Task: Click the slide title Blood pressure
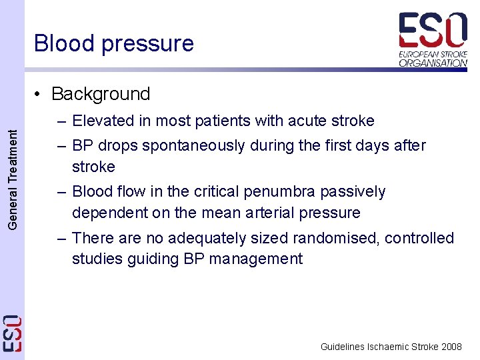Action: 114,43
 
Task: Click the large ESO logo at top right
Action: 433,31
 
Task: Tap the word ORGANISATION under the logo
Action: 433,63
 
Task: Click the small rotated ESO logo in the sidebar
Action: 13,333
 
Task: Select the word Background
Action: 101,94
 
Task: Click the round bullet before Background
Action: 41,95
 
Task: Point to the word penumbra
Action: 278,191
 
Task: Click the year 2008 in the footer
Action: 451,347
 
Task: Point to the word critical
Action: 219,191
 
